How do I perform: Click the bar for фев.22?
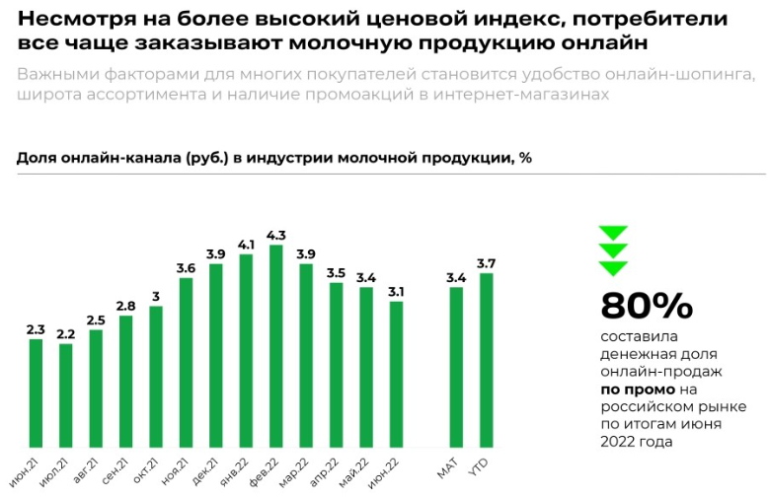(275, 346)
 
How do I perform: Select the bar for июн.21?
(36, 393)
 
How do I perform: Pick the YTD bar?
(486, 361)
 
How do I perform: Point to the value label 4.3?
(275, 235)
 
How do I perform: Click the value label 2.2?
(65, 334)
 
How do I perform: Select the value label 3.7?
(486, 263)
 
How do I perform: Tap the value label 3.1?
(396, 292)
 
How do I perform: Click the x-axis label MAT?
(448, 467)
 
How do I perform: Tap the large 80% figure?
(647, 307)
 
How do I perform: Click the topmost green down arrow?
(613, 234)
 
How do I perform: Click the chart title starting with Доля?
(274, 158)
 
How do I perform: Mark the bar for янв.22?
(246, 351)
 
